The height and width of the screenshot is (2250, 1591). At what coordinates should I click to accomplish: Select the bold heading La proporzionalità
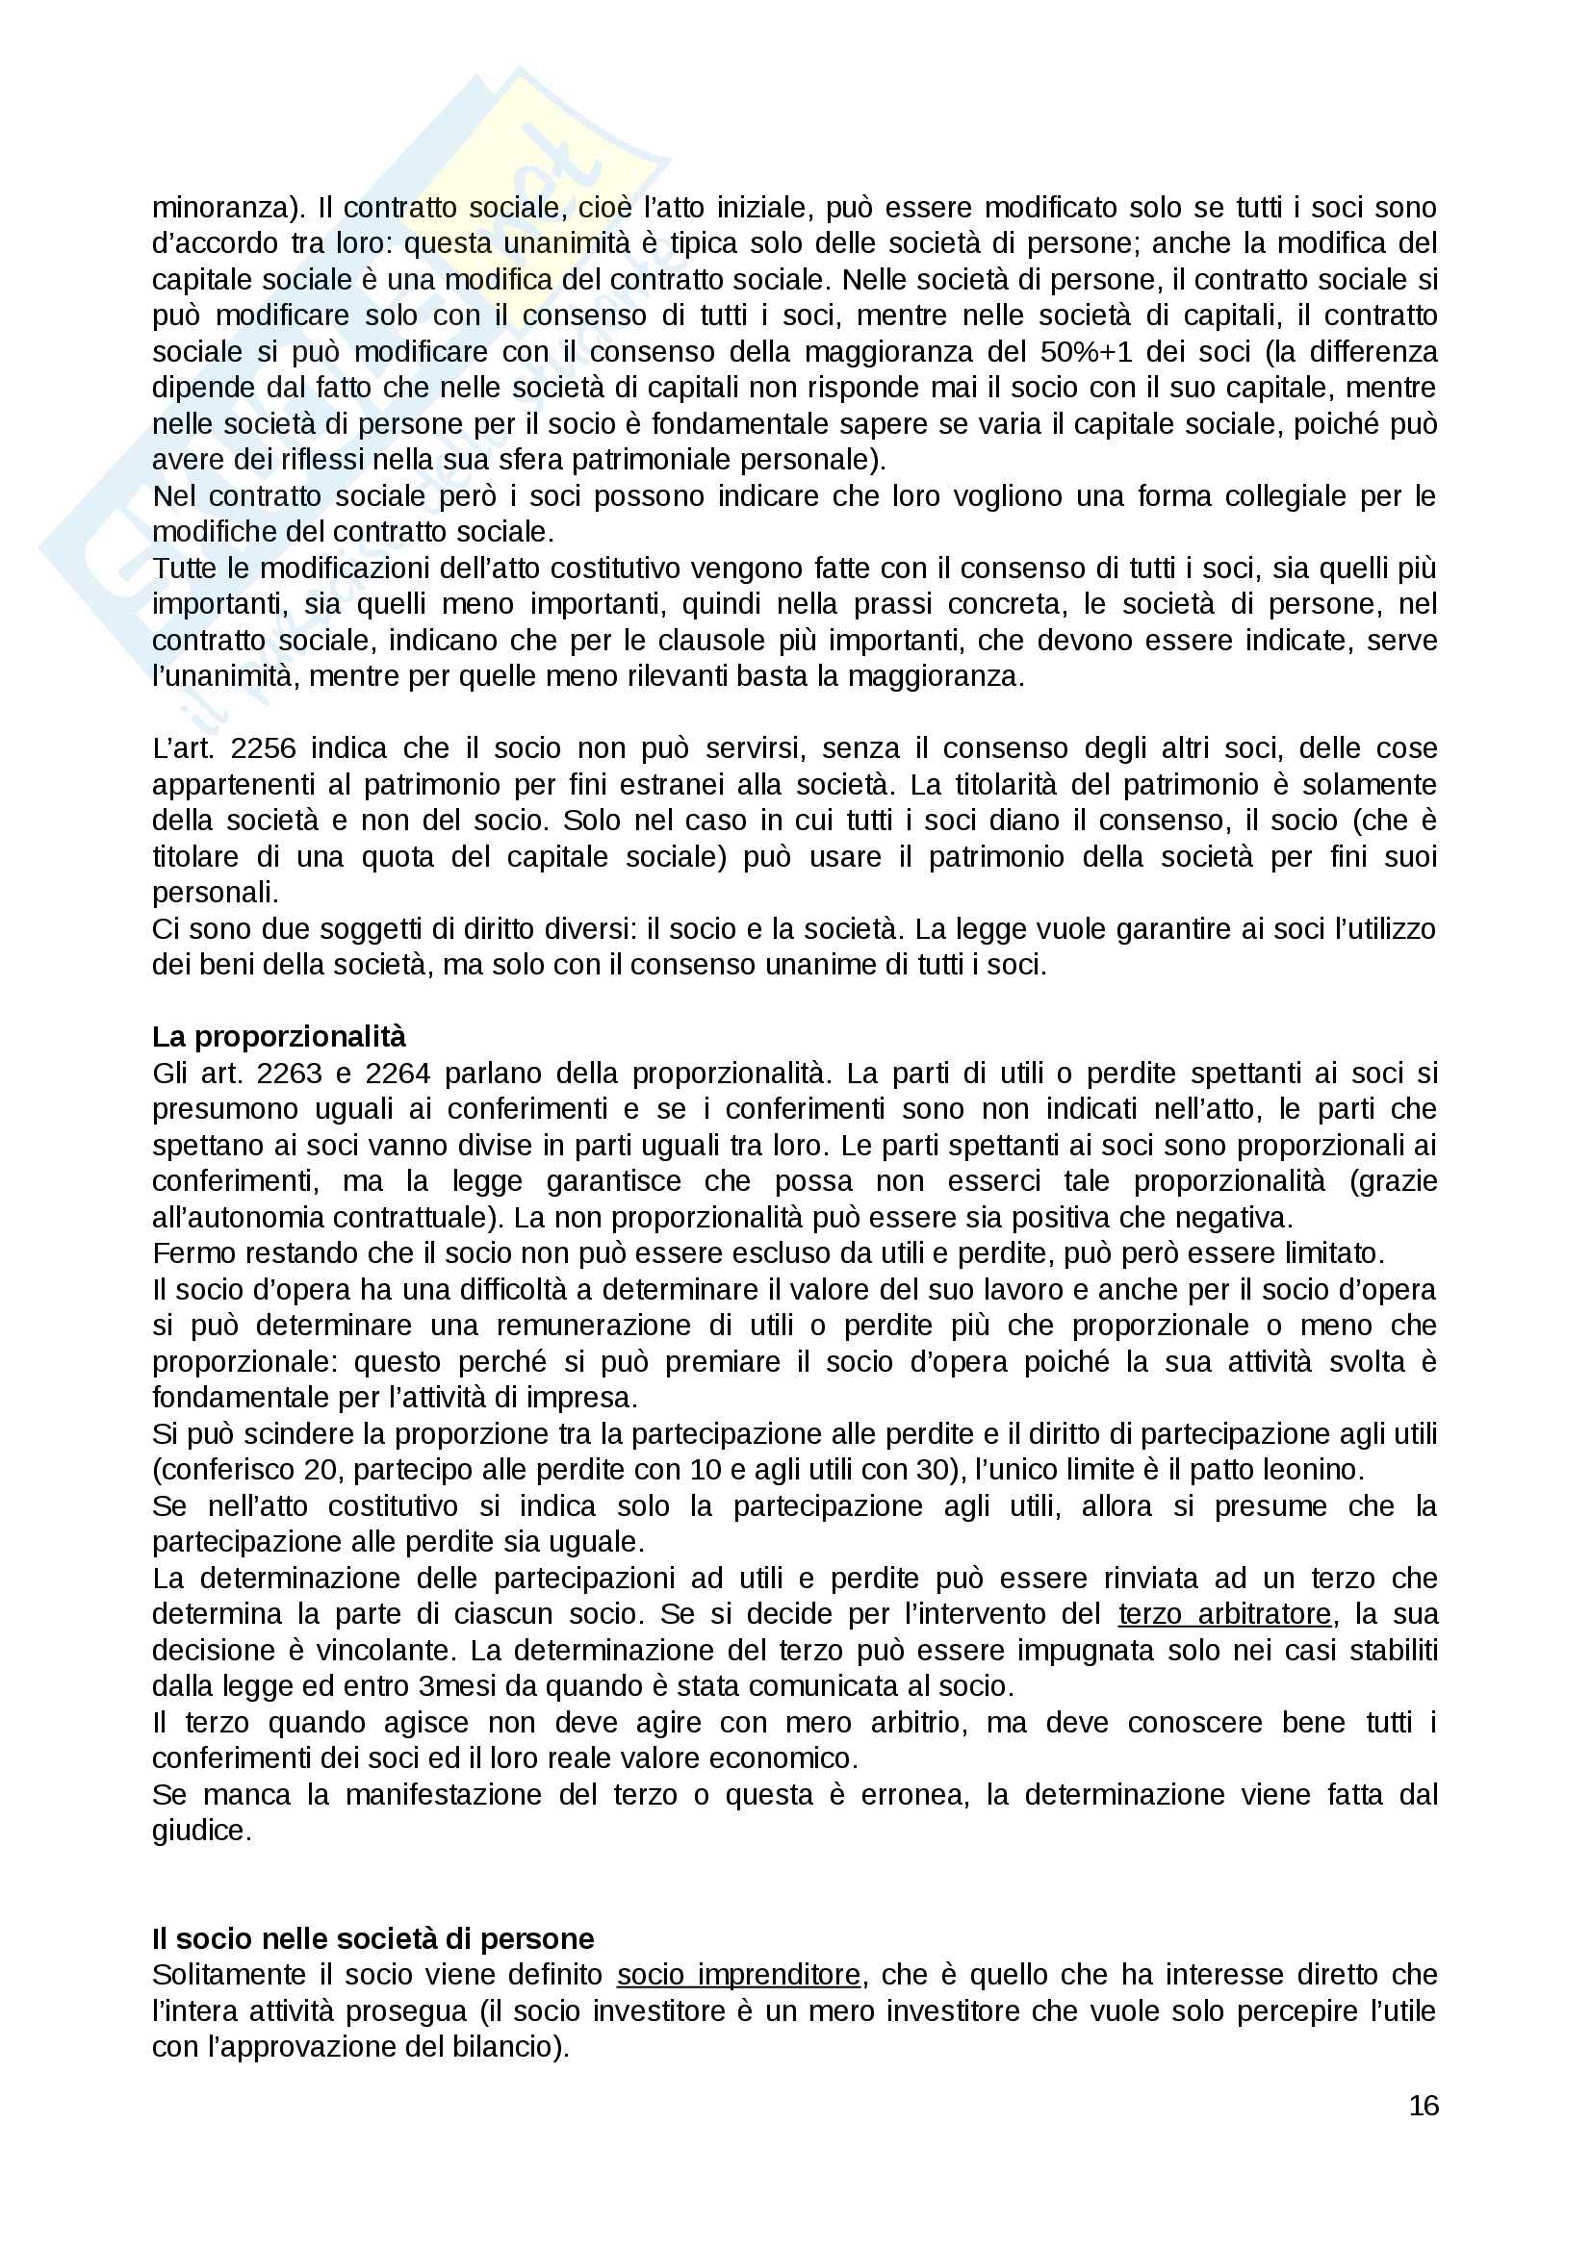click(278, 1037)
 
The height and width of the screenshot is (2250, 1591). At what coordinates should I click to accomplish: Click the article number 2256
click(263, 748)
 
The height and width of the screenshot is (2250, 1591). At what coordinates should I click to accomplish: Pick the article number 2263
click(289, 1074)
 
